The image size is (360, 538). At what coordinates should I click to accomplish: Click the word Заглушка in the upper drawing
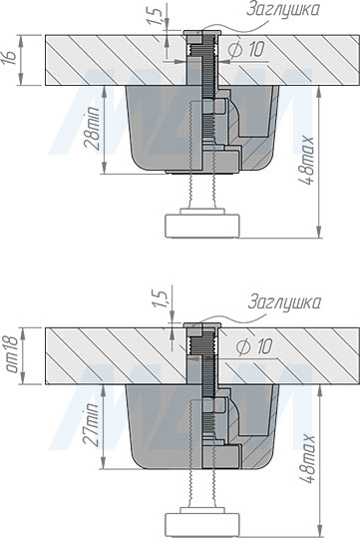(x=282, y=9)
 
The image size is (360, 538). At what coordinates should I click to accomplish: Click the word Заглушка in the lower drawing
(x=284, y=302)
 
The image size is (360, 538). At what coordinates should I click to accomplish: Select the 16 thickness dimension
(x=9, y=57)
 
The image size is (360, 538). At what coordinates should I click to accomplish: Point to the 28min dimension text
(x=93, y=128)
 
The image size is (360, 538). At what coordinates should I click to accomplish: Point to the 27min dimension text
(x=92, y=425)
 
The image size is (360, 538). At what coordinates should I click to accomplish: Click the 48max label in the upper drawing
(x=305, y=161)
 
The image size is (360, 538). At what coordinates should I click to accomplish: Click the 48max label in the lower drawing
(x=306, y=459)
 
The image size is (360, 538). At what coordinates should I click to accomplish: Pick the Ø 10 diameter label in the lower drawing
(x=254, y=347)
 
